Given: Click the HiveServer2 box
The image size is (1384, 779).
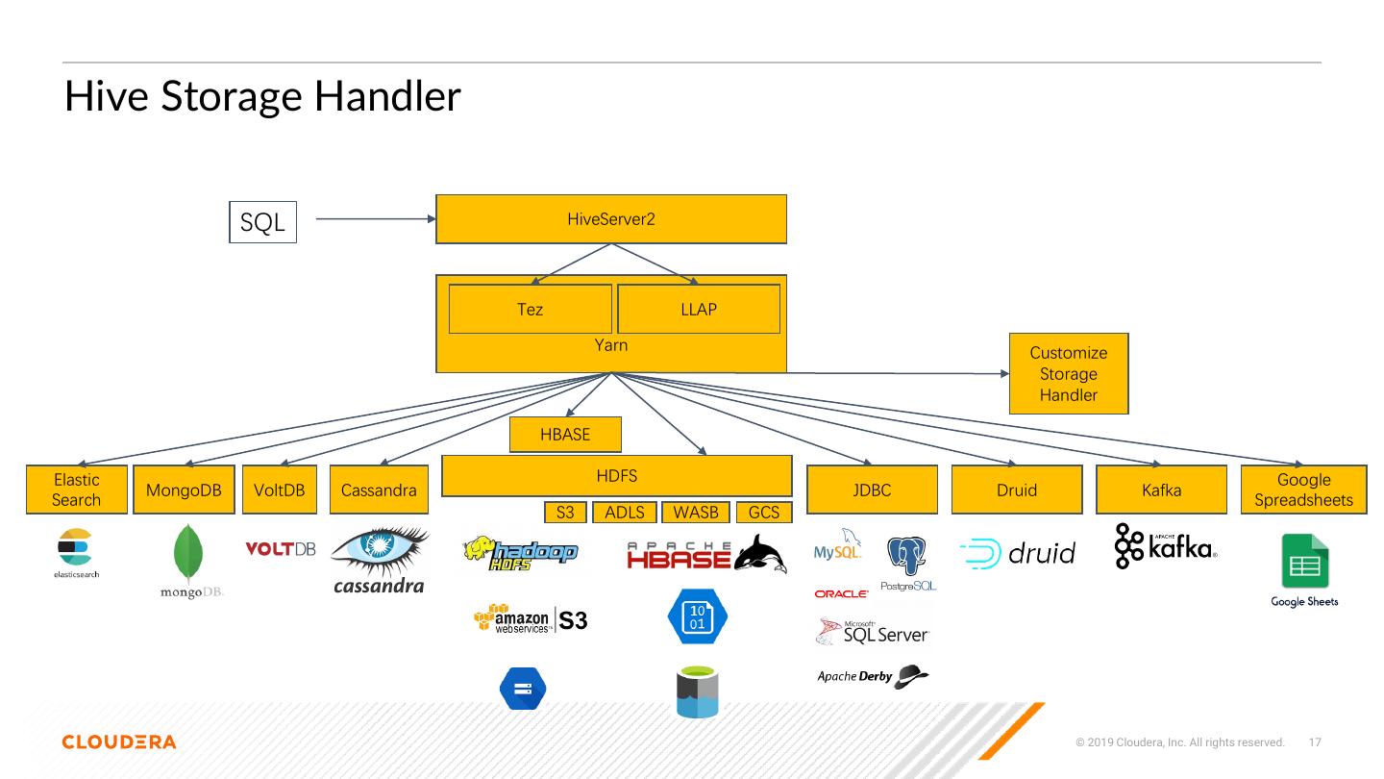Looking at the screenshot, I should (x=611, y=219).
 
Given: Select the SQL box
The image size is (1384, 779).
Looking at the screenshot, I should (x=262, y=222).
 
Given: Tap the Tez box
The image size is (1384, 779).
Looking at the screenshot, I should (x=530, y=309).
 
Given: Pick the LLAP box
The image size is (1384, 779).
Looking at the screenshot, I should (x=698, y=309).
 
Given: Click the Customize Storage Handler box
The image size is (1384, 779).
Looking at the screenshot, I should (x=1068, y=374).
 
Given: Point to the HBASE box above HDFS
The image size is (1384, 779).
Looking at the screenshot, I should (x=565, y=435).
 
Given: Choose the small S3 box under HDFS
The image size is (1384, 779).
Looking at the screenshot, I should (x=565, y=513).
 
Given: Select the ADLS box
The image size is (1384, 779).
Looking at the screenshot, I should (x=624, y=513).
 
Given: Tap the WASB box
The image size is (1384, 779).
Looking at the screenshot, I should (x=696, y=513).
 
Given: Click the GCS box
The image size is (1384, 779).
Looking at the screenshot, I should (x=764, y=513).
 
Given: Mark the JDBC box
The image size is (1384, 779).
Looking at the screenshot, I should (x=872, y=490).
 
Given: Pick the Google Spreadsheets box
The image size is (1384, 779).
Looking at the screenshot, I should (x=1303, y=490).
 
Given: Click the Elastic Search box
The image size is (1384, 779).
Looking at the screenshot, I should (x=76, y=490).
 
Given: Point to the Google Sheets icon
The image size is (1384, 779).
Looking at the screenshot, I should (x=1304, y=562).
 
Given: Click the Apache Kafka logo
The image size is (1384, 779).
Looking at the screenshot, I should (x=1166, y=546).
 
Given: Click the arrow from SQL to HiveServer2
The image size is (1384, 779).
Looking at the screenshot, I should (x=375, y=219).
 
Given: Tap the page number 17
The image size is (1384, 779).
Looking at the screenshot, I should (x=1316, y=742).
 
